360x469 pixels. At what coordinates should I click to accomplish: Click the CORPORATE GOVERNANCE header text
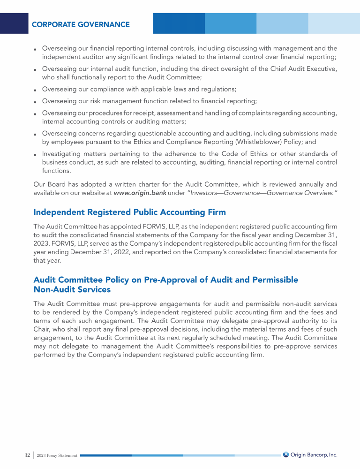(x=81, y=24)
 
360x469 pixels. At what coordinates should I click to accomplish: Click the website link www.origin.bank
(x=140, y=193)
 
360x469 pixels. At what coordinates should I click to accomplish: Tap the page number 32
(x=27, y=455)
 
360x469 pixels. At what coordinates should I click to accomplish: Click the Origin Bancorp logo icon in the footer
(x=286, y=454)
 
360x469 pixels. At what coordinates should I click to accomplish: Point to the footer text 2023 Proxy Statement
(x=57, y=455)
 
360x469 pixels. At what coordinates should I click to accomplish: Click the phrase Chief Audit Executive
(x=299, y=69)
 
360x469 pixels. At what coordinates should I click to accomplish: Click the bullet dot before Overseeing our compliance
(x=36, y=90)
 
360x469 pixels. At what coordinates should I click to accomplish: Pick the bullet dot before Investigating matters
(x=36, y=154)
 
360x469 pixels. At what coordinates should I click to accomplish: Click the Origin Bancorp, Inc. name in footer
(x=314, y=454)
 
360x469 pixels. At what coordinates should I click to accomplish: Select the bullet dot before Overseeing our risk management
(x=36, y=101)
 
